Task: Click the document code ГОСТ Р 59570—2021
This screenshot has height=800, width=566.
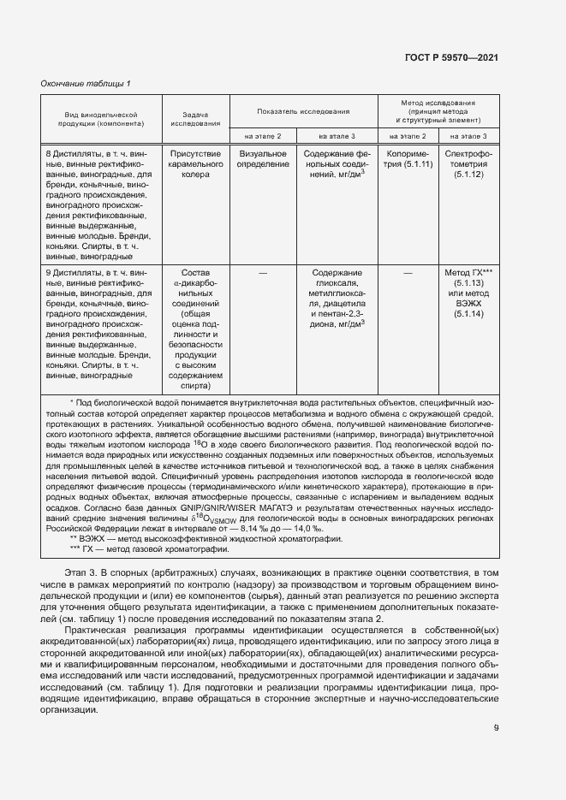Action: click(x=451, y=57)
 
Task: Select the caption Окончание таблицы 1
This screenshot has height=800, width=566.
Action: click(x=86, y=83)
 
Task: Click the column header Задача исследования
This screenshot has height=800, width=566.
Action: click(x=195, y=118)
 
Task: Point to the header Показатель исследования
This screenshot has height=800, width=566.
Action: click(x=303, y=111)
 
